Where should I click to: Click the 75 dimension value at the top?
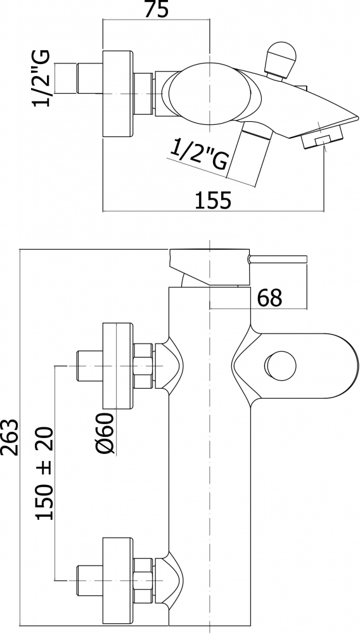coord(156,10)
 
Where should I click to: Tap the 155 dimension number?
coord(214,200)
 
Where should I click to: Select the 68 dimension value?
coord(269,298)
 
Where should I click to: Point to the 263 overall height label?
coord(10,437)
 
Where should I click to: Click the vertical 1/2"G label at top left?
coord(42,78)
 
